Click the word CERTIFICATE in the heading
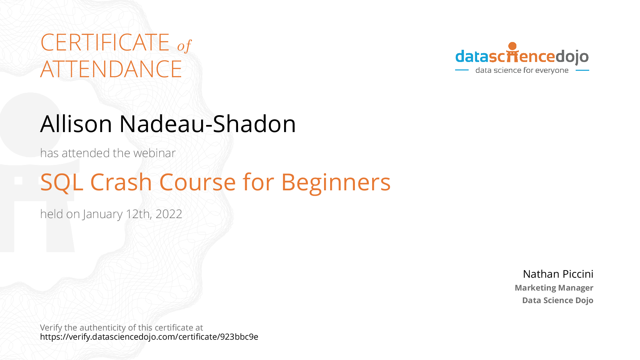pyautogui.click(x=105, y=42)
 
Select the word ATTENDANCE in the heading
pyautogui.click(x=111, y=69)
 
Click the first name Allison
pyautogui.click(x=76, y=124)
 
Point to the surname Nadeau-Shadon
pyautogui.click(x=208, y=124)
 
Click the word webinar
pyautogui.click(x=154, y=153)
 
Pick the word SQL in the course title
pyautogui.click(x=62, y=182)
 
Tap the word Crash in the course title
pyautogui.click(x=121, y=182)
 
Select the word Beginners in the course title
pyautogui.click(x=336, y=183)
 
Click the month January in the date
pyautogui.click(x=103, y=214)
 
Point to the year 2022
pyautogui.click(x=169, y=214)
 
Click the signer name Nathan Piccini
pyautogui.click(x=558, y=274)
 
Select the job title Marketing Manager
pyautogui.click(x=554, y=288)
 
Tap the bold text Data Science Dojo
pyautogui.click(x=558, y=300)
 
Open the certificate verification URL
pyautogui.click(x=149, y=337)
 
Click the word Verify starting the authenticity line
pyautogui.click(x=51, y=328)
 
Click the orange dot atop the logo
pyautogui.click(x=512, y=46)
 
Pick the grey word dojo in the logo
pyautogui.click(x=572, y=57)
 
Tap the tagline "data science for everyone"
pyautogui.click(x=522, y=70)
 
